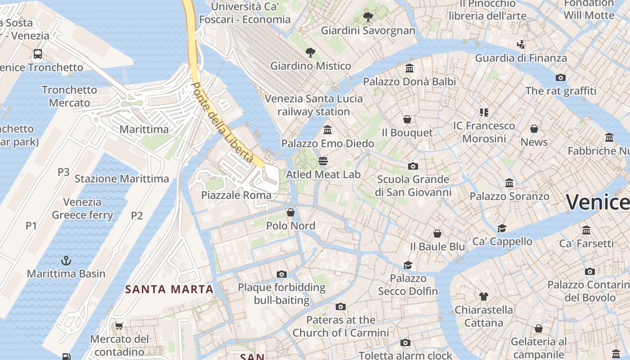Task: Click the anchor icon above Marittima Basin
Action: [x=66, y=261]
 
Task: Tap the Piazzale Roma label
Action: [x=236, y=195]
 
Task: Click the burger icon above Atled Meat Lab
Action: [x=323, y=161]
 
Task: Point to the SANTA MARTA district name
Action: [x=169, y=289]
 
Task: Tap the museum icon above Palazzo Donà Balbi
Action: [x=409, y=68]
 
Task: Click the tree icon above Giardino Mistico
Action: [x=310, y=53]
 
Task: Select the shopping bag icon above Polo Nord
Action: [x=291, y=212]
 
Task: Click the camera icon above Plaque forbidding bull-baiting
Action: [x=282, y=274]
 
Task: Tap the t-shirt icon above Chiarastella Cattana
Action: [x=483, y=297]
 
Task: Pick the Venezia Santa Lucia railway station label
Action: [x=314, y=105]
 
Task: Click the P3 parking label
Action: [x=63, y=172]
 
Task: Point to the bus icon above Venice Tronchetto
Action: [x=38, y=54]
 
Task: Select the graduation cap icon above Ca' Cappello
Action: [x=502, y=228]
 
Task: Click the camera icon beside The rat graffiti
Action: [x=561, y=77]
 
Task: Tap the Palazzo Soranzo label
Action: [x=509, y=197]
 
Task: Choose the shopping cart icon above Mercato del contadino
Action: [x=119, y=326]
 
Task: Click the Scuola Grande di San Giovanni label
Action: [x=413, y=186]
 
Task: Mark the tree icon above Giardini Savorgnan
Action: [x=368, y=18]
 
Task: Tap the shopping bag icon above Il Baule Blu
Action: [x=437, y=234]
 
